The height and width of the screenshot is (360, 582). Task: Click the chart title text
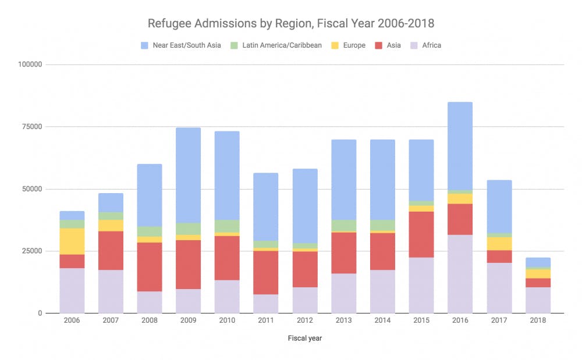coord(290,24)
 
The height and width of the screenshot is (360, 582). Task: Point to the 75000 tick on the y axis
coord(30,127)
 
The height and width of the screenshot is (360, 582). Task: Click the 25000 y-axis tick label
coord(30,251)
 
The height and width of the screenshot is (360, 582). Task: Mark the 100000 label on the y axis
coord(28,65)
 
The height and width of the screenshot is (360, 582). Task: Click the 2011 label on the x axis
coord(266,320)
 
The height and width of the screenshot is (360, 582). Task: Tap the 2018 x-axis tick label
coord(538,320)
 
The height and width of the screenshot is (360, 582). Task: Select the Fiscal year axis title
coord(304,338)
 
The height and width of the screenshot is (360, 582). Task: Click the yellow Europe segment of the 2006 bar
coord(72,241)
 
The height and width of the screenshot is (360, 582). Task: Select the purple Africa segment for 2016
coord(460,274)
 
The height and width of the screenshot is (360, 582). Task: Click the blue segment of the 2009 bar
coord(188,175)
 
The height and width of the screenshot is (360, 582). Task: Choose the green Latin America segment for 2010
coord(227,226)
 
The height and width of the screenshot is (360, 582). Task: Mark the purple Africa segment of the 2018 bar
coord(538,300)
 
